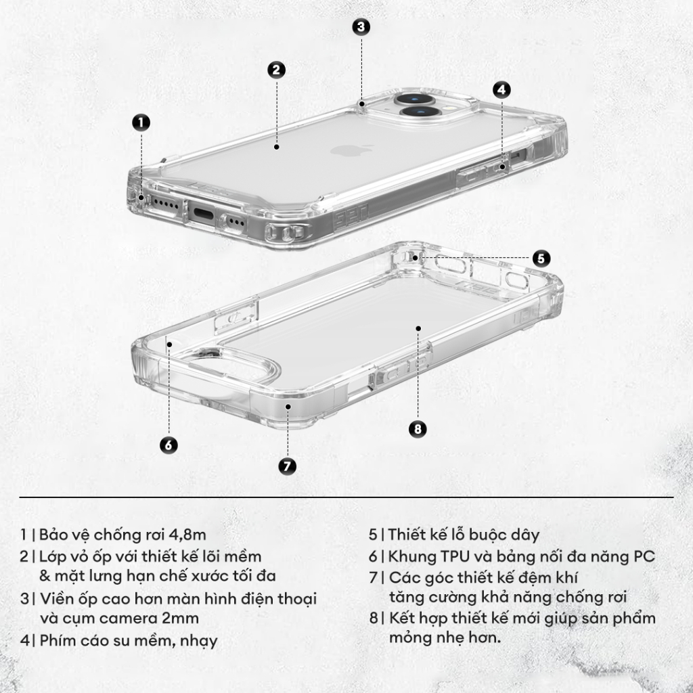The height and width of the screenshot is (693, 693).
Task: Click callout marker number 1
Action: pyautogui.click(x=140, y=122)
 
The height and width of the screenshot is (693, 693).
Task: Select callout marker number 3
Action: pyautogui.click(x=361, y=26)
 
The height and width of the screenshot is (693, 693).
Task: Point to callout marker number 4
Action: pyautogui.click(x=501, y=89)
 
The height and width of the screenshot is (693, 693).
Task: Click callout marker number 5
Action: pyautogui.click(x=541, y=258)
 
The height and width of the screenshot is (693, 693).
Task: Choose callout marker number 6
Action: pyautogui.click(x=169, y=445)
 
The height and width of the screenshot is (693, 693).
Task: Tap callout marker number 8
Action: pyautogui.click(x=418, y=429)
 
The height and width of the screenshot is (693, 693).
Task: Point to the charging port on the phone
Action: pyautogui.click(x=204, y=215)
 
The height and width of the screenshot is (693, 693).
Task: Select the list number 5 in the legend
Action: pyautogui.click(x=373, y=535)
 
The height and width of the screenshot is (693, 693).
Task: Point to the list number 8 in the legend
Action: pyautogui.click(x=373, y=618)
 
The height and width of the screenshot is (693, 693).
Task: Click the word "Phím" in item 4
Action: pyautogui.click(x=57, y=640)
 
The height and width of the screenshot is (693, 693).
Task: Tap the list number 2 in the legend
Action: pyautogui.click(x=24, y=556)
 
